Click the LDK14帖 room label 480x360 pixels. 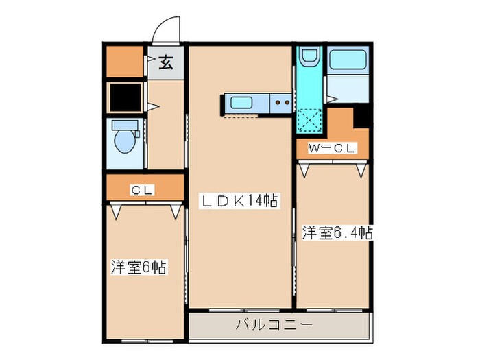[x=239, y=201]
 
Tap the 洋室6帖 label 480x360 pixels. [x=139, y=266]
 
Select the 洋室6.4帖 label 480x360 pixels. [x=337, y=233]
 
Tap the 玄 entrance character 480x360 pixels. [x=166, y=64]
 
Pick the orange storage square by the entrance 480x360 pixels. [x=124, y=61]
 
